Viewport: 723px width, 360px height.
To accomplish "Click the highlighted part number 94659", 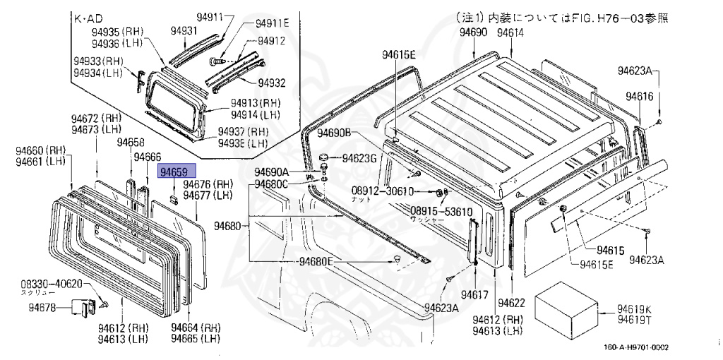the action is [174, 172].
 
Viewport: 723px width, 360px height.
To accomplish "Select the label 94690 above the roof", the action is [473, 32].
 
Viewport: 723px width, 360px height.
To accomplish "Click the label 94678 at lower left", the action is [43, 307].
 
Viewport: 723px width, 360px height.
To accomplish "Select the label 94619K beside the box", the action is [634, 308].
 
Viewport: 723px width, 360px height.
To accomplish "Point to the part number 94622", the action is [511, 303].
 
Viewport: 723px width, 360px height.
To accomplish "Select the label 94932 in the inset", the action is [271, 83].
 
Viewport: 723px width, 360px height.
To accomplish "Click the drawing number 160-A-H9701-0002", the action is [635, 347].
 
